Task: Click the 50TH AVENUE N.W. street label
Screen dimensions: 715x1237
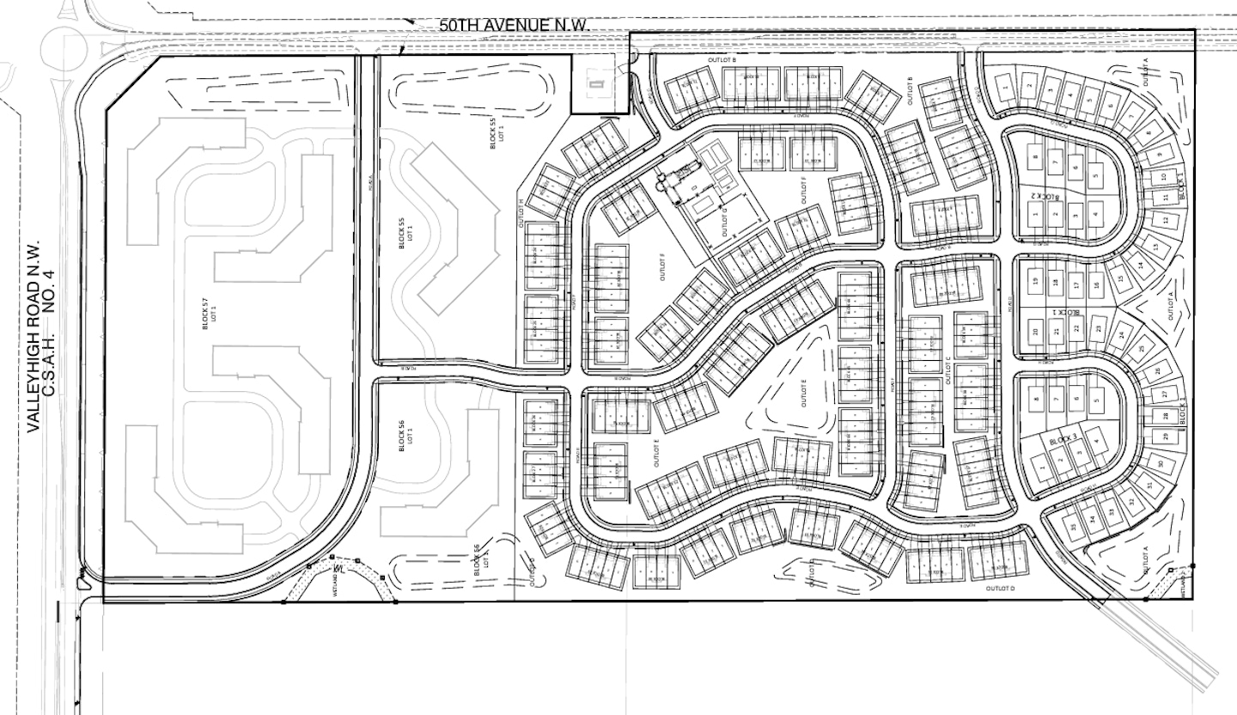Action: [x=514, y=24]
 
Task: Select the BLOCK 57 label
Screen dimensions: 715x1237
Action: [x=205, y=315]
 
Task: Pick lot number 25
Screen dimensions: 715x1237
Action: [x=1141, y=349]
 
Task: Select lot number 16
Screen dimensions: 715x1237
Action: [x=1096, y=284]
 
